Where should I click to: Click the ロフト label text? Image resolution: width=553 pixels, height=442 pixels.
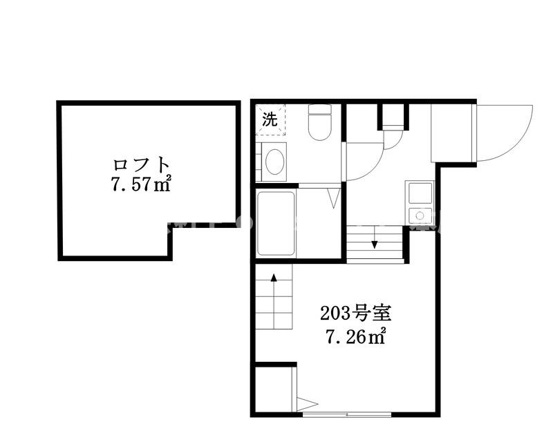[x=142, y=166]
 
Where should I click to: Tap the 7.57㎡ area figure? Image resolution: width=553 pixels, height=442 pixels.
[x=142, y=185]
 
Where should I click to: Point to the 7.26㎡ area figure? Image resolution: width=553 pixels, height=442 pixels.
[x=356, y=338]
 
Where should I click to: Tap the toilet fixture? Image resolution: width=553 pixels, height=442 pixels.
[x=319, y=122]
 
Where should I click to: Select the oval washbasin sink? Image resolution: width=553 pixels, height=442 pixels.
[x=274, y=162]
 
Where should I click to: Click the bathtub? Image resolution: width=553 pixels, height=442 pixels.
[x=276, y=224]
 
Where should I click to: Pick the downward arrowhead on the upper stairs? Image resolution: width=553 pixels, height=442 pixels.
[x=374, y=244]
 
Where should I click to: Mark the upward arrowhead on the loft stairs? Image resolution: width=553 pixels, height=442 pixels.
[x=274, y=278]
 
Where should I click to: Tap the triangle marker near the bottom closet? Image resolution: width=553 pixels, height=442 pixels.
[x=306, y=404]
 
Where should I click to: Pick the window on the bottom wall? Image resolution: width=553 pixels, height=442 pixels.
[x=346, y=414]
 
